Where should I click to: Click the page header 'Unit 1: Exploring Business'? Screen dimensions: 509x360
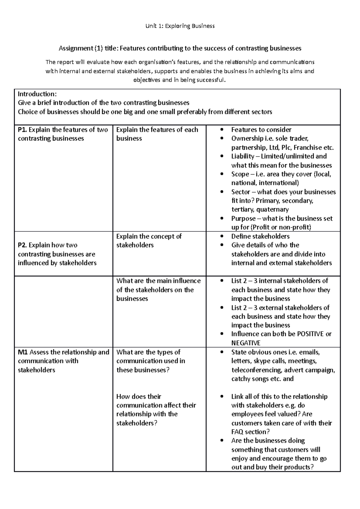(x=180, y=26)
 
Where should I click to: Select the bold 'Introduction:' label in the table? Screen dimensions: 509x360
(x=37, y=94)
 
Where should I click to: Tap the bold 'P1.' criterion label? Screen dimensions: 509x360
(x=22, y=130)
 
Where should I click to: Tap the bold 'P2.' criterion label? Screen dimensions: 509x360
(x=22, y=245)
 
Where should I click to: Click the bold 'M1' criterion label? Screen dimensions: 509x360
(x=23, y=352)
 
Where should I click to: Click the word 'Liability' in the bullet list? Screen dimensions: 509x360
(x=242, y=156)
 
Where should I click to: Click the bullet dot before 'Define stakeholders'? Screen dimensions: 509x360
(x=222, y=237)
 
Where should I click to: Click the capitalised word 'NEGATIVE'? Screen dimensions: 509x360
(x=246, y=343)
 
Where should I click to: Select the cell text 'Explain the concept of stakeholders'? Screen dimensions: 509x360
(x=149, y=241)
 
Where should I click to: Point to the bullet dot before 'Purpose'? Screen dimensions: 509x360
(x=222, y=219)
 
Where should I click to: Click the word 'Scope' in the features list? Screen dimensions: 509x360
(x=240, y=174)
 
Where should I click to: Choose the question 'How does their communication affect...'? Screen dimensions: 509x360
(x=156, y=410)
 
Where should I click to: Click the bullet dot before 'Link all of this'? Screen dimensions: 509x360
(x=222, y=397)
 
